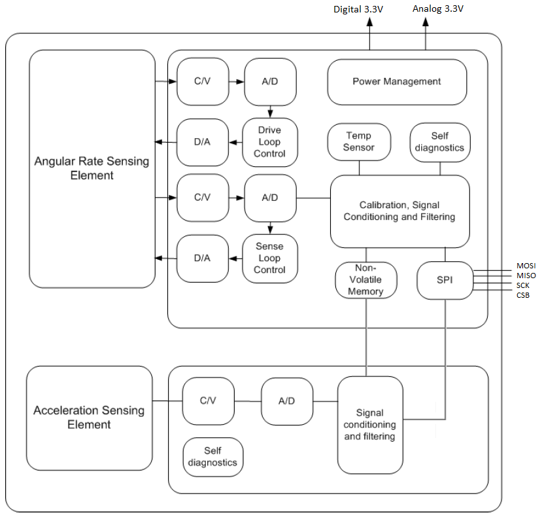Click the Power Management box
(x=397, y=82)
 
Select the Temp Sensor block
(x=359, y=141)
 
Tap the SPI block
(x=445, y=280)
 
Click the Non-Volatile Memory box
(x=365, y=280)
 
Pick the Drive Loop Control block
(x=269, y=142)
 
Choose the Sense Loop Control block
(x=269, y=258)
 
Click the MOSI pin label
(x=526, y=266)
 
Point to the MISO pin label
(x=526, y=276)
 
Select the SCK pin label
(x=523, y=285)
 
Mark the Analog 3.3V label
(x=437, y=9)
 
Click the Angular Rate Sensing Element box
(x=92, y=169)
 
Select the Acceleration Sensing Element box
(x=89, y=418)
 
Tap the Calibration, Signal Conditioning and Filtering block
(x=399, y=211)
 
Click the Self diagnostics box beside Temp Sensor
(x=439, y=141)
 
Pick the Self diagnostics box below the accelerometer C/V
(x=212, y=457)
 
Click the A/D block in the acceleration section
(x=286, y=401)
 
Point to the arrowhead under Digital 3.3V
(x=369, y=21)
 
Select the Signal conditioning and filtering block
(x=370, y=425)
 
